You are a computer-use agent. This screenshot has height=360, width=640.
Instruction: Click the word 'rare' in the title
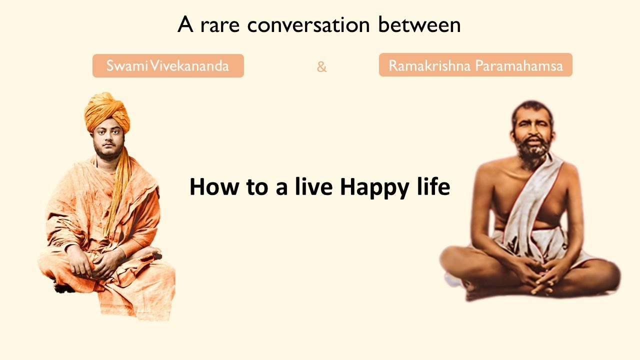click(219, 25)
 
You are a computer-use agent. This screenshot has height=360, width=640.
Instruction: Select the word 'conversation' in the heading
click(308, 24)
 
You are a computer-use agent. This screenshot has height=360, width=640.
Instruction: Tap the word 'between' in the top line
click(419, 24)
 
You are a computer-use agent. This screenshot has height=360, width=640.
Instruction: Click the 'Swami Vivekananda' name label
click(168, 65)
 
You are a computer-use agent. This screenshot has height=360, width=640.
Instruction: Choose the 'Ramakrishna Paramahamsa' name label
click(475, 65)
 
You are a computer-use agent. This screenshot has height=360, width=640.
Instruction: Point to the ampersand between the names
click(321, 67)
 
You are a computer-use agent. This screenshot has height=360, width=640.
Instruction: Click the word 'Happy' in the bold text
click(375, 187)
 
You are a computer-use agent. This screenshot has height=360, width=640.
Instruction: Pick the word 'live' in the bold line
click(313, 186)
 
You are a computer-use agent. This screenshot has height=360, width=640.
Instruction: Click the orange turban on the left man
click(106, 111)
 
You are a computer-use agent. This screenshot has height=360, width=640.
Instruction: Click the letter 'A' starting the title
click(185, 24)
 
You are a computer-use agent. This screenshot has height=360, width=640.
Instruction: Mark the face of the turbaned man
click(108, 140)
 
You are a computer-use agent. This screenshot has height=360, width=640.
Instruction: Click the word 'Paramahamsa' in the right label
click(519, 65)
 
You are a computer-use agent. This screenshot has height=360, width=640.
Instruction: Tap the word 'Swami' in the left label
click(127, 65)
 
